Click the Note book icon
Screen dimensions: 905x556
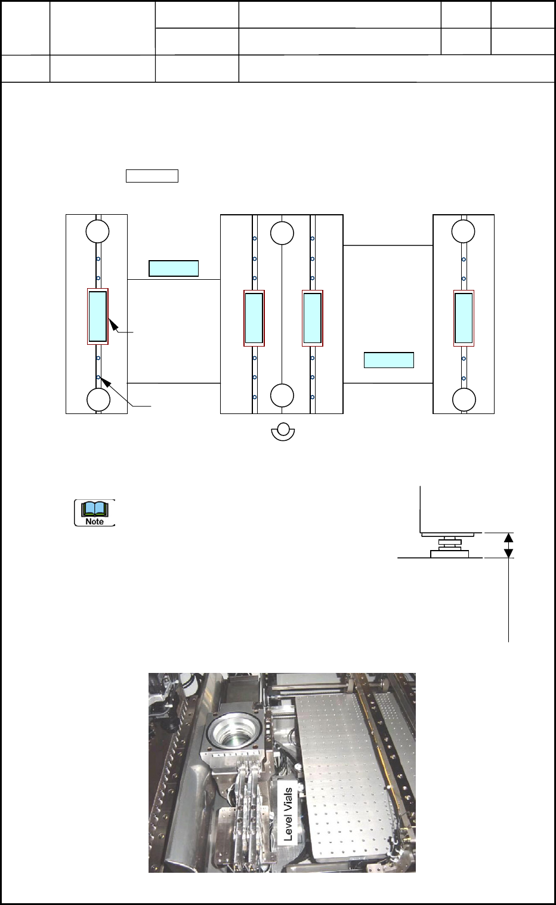coord(94,512)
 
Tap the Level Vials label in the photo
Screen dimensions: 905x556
coord(289,814)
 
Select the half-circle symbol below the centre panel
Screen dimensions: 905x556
coord(283,432)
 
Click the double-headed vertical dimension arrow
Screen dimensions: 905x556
coord(508,545)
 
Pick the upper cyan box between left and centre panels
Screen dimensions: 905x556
coord(173,268)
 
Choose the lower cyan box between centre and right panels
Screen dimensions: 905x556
coord(389,360)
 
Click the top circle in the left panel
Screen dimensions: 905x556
coord(97,231)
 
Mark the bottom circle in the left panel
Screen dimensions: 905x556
coord(98,400)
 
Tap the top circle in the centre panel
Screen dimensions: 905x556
coord(282,233)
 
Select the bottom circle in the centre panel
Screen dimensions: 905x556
coord(282,395)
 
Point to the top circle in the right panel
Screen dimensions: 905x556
coord(463,231)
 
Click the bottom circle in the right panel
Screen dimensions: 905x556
coord(464,400)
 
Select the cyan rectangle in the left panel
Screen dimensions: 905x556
coord(98,317)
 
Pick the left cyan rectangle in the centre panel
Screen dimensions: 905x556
coord(254,318)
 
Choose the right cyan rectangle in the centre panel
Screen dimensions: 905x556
coord(313,318)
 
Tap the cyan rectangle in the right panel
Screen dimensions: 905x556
coord(464,318)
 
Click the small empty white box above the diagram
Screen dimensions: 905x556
coord(152,175)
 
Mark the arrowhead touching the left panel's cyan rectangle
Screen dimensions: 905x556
coord(112,323)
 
